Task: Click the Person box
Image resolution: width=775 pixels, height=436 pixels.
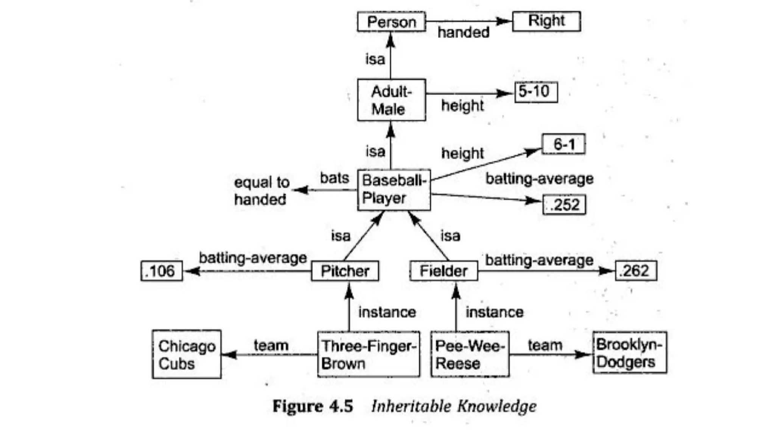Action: click(x=391, y=22)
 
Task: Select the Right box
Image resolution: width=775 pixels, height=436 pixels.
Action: click(x=546, y=21)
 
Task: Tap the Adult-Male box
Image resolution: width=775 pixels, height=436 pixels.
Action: click(x=391, y=100)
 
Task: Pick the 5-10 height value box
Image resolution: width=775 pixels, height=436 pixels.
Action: click(x=536, y=92)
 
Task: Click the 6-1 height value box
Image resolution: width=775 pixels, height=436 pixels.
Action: click(x=563, y=144)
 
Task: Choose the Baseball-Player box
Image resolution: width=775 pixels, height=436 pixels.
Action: click(x=394, y=190)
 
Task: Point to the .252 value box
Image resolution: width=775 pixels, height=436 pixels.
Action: click(x=564, y=205)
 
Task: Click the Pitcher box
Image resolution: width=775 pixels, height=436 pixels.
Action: click(x=345, y=271)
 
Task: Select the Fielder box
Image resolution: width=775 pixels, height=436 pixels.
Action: click(x=444, y=271)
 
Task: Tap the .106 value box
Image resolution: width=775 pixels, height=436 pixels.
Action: click(x=162, y=271)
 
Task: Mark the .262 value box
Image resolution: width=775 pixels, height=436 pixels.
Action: click(x=636, y=271)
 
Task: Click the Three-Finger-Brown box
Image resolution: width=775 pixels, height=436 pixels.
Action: click(x=368, y=355)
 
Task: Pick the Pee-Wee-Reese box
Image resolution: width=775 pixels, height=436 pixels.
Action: click(x=470, y=355)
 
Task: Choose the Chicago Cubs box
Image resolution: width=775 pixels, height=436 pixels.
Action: click(x=187, y=355)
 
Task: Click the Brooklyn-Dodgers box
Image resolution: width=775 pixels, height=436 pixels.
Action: click(x=630, y=353)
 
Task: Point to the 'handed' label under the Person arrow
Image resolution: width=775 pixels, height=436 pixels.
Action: click(x=463, y=33)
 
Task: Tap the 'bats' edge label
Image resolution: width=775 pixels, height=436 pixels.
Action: click(x=335, y=178)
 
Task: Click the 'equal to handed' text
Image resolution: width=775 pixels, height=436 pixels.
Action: click(x=261, y=191)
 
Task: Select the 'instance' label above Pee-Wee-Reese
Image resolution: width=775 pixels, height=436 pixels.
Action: click(x=494, y=312)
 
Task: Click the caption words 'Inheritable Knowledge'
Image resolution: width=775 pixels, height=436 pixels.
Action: click(x=454, y=406)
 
